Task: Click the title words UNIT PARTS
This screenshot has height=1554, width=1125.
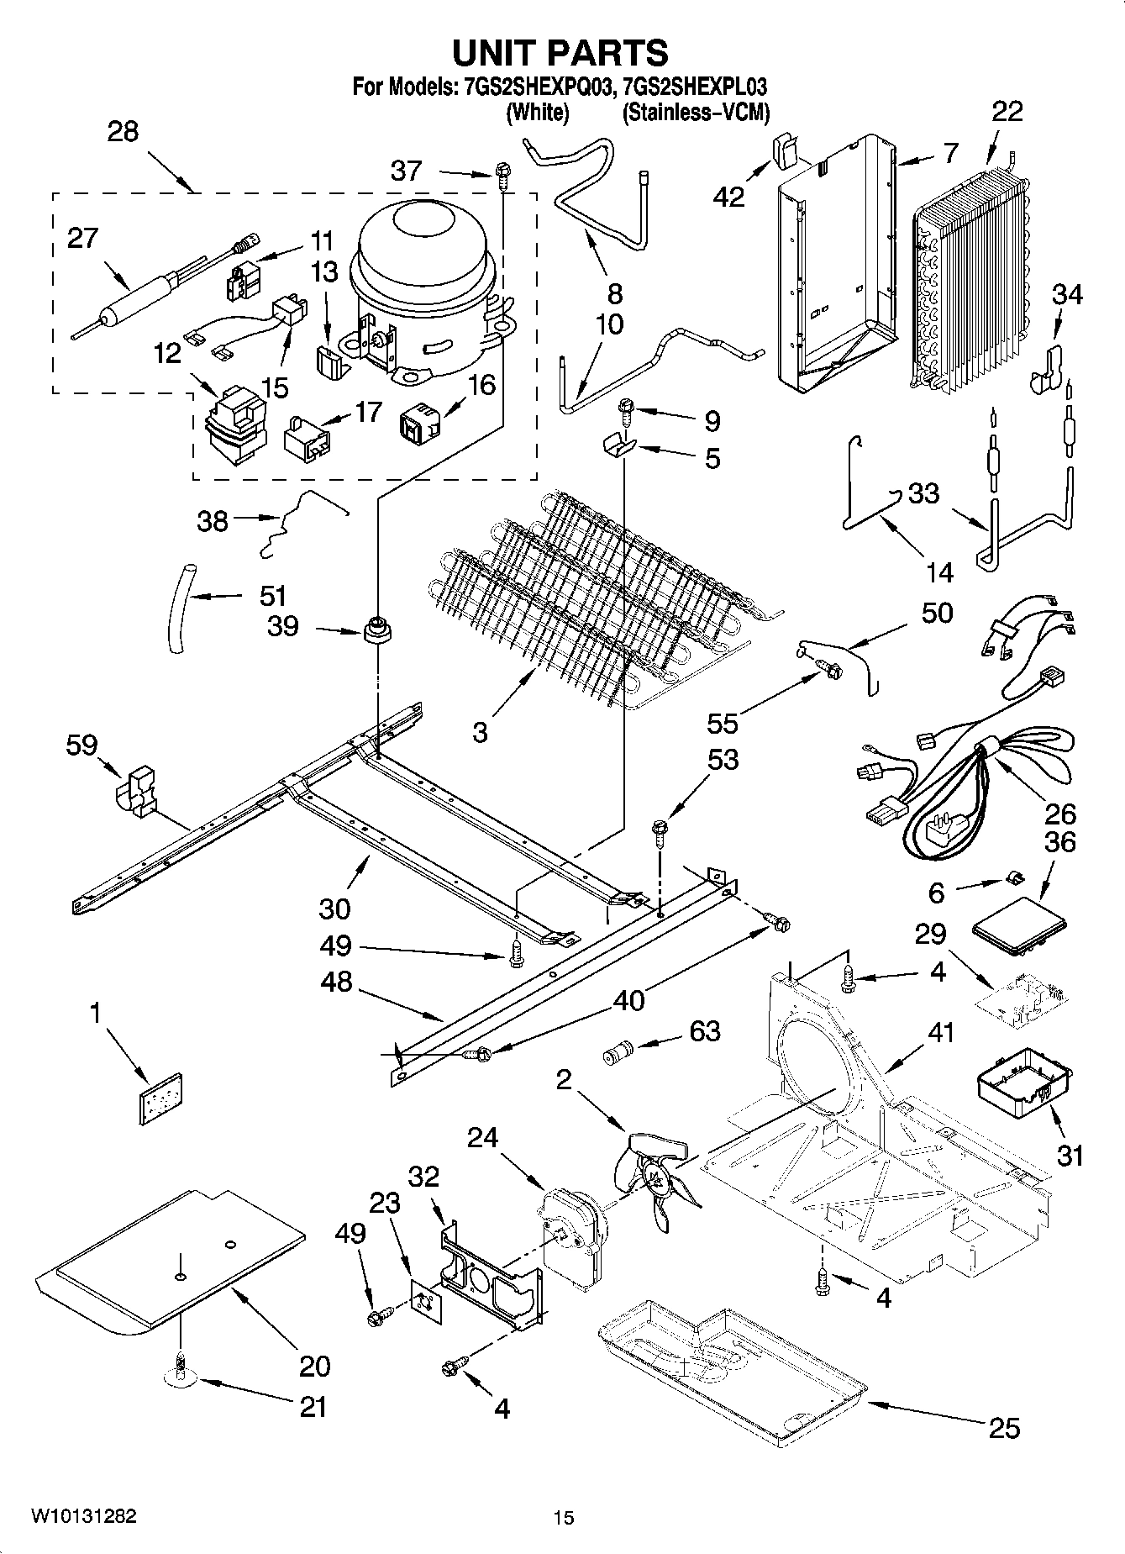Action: pyautogui.click(x=560, y=52)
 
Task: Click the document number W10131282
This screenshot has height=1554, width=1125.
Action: pyautogui.click(x=83, y=1516)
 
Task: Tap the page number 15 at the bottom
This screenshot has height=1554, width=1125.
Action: pyautogui.click(x=563, y=1518)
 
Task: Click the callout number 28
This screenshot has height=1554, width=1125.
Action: pyautogui.click(x=123, y=132)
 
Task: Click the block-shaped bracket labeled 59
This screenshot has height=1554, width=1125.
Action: pyautogui.click(x=134, y=790)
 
